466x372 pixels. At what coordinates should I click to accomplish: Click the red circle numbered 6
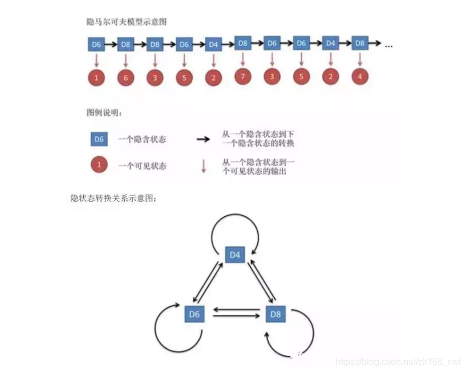(125, 77)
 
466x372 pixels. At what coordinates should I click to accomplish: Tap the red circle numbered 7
(242, 76)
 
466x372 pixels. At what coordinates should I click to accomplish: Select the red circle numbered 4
(359, 76)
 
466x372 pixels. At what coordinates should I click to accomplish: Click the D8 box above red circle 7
(242, 43)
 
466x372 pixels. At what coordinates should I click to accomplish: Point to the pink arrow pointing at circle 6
(125, 60)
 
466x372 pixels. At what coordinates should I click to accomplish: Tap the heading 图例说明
(104, 112)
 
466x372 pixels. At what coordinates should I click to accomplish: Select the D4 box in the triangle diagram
(234, 255)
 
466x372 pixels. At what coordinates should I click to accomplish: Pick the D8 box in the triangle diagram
(275, 313)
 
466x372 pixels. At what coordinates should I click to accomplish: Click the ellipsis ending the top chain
(388, 45)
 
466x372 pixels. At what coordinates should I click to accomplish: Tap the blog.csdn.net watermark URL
(398, 362)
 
